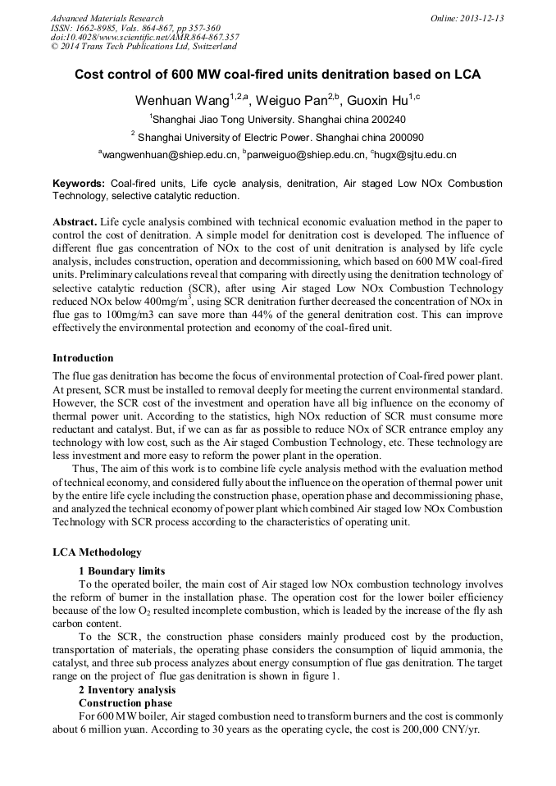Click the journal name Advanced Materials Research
107,18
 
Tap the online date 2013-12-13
481,18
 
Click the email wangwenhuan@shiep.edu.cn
170,154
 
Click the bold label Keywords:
79,184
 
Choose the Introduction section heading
83,358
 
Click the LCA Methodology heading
97,552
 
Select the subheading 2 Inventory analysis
127,690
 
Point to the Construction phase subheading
125,703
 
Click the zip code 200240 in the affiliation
384,119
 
